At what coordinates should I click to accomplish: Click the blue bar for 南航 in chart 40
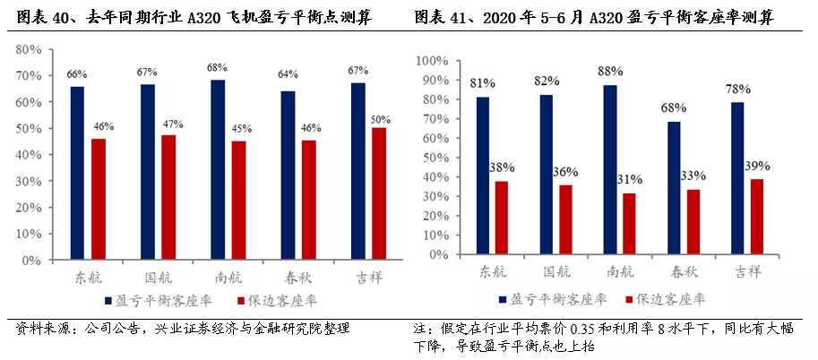(218, 169)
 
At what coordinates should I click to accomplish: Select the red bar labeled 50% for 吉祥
(379, 193)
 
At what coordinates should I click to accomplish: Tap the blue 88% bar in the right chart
(610, 170)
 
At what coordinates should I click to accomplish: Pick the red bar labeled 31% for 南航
(629, 225)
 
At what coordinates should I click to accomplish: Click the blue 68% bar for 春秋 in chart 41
(674, 188)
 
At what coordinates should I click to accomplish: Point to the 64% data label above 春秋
(288, 74)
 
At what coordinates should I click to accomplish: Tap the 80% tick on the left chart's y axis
(29, 49)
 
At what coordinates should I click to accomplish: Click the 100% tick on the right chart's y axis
(433, 61)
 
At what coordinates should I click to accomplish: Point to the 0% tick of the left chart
(32, 260)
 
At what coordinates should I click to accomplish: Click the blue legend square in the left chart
(108, 301)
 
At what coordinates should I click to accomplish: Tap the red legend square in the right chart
(629, 299)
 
